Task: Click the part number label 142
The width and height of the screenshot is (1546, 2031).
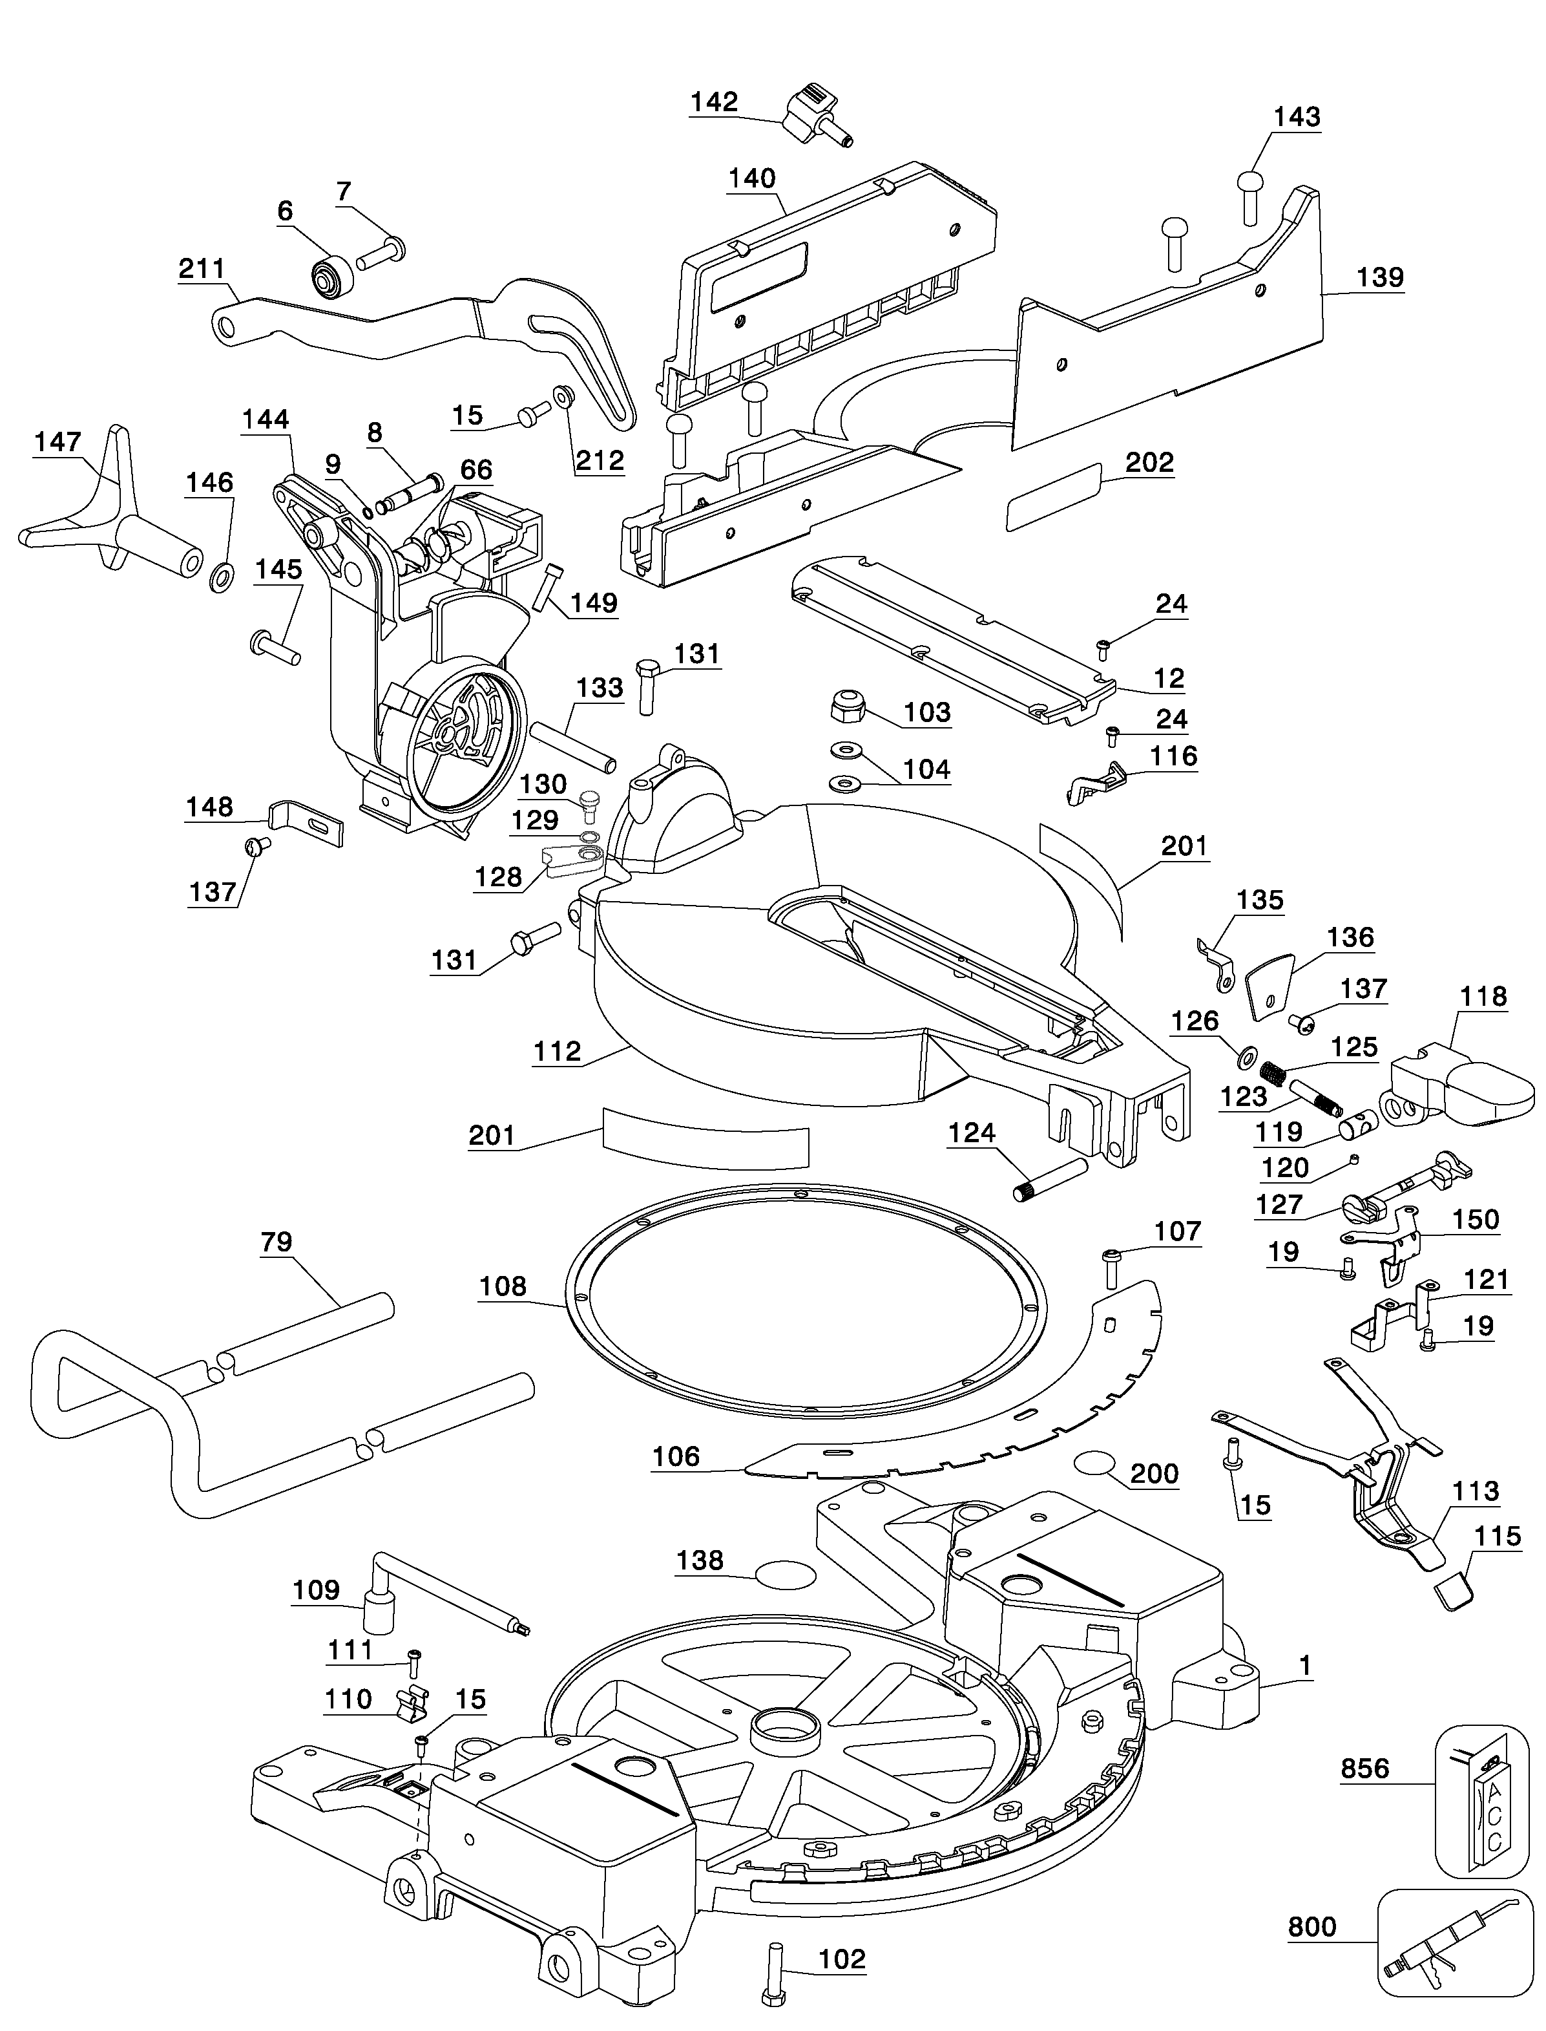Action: tap(714, 101)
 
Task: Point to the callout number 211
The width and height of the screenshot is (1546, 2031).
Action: tap(201, 269)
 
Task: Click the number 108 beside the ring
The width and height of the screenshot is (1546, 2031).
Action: tap(503, 1286)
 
